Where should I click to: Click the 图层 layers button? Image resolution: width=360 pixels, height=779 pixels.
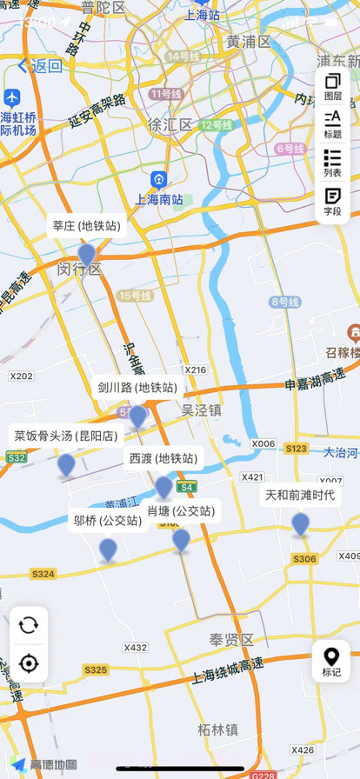(x=332, y=88)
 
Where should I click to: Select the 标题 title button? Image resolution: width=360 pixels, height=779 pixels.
(x=332, y=124)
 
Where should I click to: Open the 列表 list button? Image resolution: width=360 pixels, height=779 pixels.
(x=332, y=163)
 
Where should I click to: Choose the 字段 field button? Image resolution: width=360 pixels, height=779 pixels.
(x=332, y=201)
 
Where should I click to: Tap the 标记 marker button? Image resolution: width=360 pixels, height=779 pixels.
(x=331, y=662)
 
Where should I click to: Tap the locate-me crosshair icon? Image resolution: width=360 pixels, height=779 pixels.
(x=29, y=663)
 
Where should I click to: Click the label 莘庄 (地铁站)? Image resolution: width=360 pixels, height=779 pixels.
(x=86, y=226)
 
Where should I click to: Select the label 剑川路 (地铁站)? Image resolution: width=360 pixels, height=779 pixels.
(x=137, y=387)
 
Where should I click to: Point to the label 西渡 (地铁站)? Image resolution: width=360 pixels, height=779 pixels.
(x=163, y=458)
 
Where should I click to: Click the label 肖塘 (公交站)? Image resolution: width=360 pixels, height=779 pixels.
(x=181, y=510)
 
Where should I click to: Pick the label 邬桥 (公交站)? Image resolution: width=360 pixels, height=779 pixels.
(x=108, y=521)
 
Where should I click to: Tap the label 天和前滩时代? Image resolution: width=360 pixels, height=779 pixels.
(x=300, y=496)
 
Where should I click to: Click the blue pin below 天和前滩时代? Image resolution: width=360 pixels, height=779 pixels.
(x=300, y=523)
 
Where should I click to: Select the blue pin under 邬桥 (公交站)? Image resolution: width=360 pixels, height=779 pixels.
(x=108, y=549)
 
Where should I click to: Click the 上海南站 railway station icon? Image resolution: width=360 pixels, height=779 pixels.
(x=158, y=180)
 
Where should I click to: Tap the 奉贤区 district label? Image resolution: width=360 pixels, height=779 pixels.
(x=230, y=640)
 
